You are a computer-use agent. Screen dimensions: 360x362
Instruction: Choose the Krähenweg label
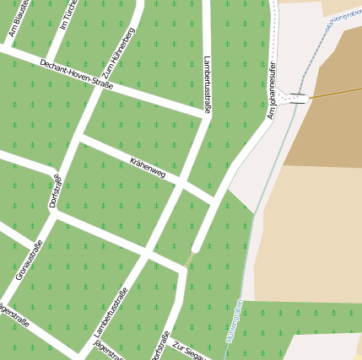[x=148, y=167]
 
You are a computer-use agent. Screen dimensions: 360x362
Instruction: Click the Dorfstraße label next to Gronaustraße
[x=56, y=191]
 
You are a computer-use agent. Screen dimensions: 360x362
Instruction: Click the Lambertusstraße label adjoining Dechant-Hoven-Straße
[x=208, y=83]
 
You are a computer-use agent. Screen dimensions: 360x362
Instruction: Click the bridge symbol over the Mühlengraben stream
[x=297, y=99]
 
